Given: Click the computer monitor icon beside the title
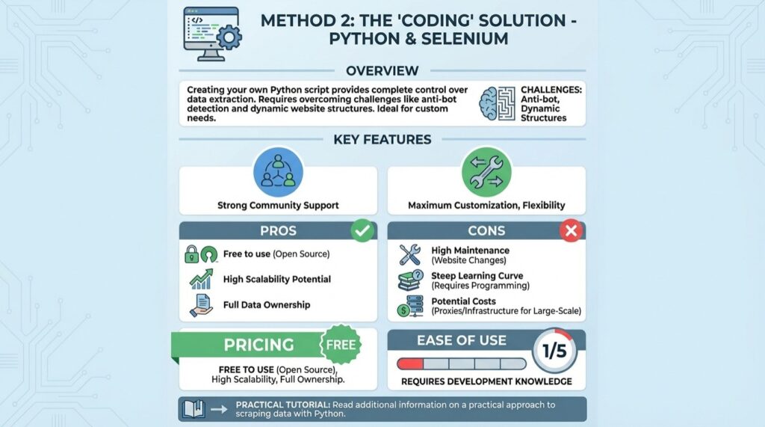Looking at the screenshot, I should pyautogui.click(x=210, y=34).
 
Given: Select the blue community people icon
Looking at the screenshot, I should pyautogui.click(x=278, y=171).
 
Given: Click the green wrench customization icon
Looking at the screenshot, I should pyautogui.click(x=486, y=171).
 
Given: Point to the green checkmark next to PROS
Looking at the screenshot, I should pyautogui.click(x=362, y=230).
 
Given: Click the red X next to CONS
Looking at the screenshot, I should pyautogui.click(x=571, y=230).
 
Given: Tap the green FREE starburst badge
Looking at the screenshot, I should pyautogui.click(x=341, y=345).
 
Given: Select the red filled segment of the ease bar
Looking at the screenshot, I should pyautogui.click(x=411, y=363).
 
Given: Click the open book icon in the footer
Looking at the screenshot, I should pyautogui.click(x=194, y=408).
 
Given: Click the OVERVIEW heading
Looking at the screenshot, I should pyautogui.click(x=382, y=71).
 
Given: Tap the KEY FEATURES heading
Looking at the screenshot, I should pyautogui.click(x=382, y=139).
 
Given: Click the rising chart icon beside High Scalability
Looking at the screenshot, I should pyautogui.click(x=201, y=280).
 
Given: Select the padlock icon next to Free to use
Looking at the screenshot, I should pyautogui.click(x=192, y=254).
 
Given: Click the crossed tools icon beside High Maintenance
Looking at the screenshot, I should pyautogui.click(x=410, y=255).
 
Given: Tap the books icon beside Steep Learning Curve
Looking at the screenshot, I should pyautogui.click(x=410, y=280).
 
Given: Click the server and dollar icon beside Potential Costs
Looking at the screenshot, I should pyautogui.click(x=410, y=306).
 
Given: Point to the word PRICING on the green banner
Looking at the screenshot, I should pyautogui.click(x=259, y=345).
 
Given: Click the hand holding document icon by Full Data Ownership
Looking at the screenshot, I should pyautogui.click(x=201, y=305).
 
